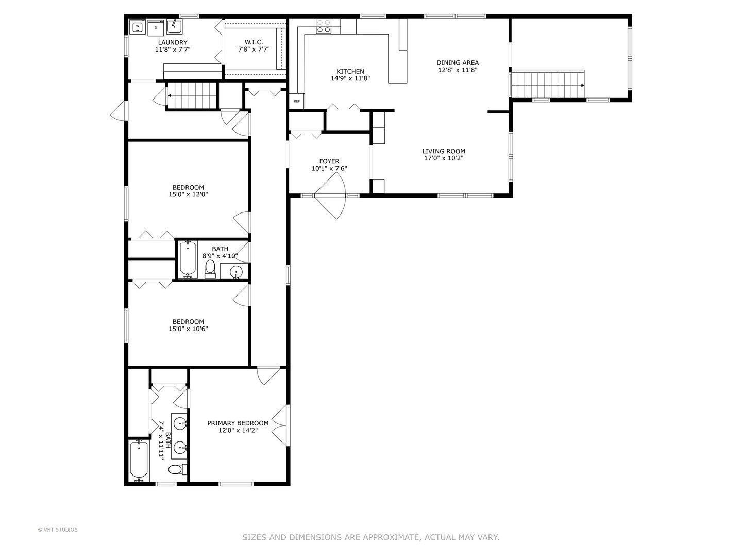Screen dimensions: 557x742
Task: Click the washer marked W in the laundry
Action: [x=138, y=26]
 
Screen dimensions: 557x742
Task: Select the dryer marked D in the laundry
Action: [x=156, y=27]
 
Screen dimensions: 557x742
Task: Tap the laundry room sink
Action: [x=174, y=25]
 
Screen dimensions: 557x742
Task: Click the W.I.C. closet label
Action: [x=254, y=42]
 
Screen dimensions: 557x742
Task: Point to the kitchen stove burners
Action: [x=324, y=26]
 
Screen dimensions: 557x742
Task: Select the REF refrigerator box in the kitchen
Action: [x=297, y=101]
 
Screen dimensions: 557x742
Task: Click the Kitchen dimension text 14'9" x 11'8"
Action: [x=350, y=79]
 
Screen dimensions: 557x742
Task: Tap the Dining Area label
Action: [x=458, y=63]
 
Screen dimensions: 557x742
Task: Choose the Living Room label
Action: [x=444, y=151]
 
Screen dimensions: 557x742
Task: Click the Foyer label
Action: [x=329, y=161]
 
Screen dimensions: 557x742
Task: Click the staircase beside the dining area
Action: [x=547, y=85]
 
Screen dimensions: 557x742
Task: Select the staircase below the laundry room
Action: [x=192, y=95]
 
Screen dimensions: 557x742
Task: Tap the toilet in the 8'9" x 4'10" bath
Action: [x=210, y=269]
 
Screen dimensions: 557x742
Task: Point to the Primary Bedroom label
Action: [x=238, y=423]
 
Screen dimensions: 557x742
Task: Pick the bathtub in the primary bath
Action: [x=139, y=460]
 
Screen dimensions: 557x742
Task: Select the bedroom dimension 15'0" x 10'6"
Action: [x=188, y=329]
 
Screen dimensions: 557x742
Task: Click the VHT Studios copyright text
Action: [x=58, y=529]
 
